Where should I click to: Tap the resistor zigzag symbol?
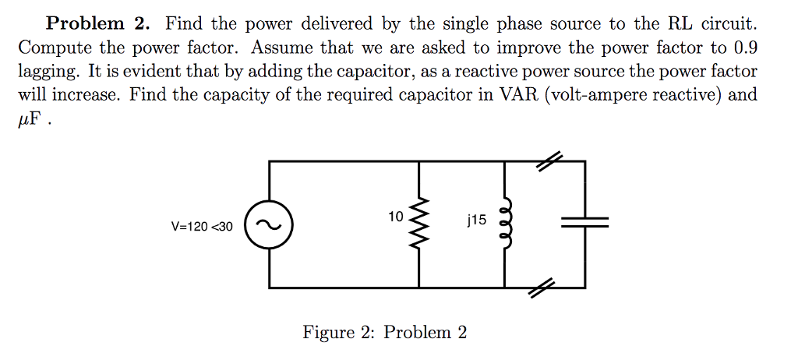(420, 225)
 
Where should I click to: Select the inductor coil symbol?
(507, 225)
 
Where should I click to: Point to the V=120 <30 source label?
(202, 227)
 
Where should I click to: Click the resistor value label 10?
(394, 217)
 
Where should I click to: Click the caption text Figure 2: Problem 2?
(385, 333)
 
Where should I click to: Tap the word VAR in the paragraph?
(492, 95)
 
